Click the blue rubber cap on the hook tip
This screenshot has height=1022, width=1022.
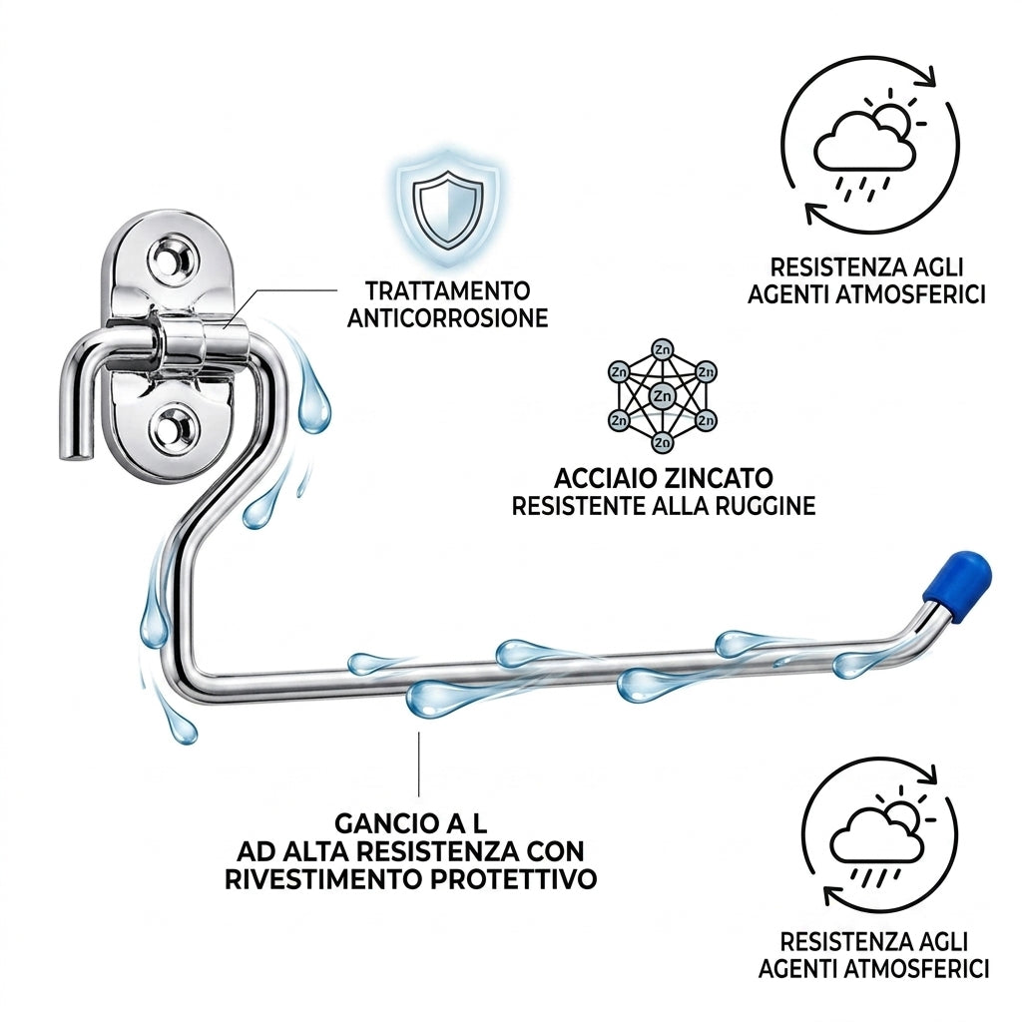click(x=957, y=580)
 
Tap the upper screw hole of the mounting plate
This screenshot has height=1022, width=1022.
click(x=174, y=260)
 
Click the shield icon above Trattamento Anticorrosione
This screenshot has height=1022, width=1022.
click(x=449, y=209)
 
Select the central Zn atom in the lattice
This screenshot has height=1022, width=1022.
click(x=663, y=395)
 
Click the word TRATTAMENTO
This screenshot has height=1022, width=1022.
click(x=447, y=290)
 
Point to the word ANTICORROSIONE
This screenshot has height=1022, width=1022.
click(x=447, y=318)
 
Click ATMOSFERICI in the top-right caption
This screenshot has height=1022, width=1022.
click(x=910, y=294)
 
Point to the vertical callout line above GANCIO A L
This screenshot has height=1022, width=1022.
click(x=418, y=764)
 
